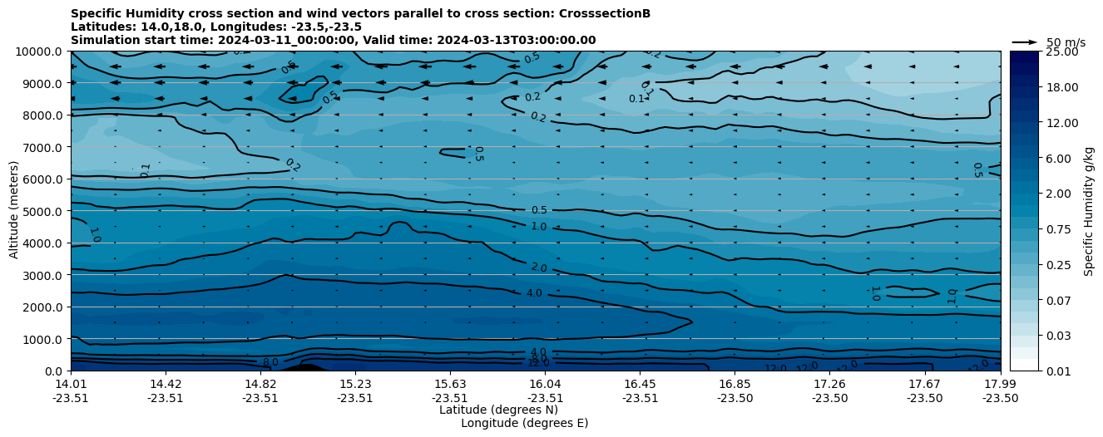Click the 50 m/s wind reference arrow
[1024, 42]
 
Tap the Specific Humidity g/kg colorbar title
[1090, 211]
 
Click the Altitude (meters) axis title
[14, 211]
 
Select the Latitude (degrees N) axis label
[498, 410]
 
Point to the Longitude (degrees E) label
[524, 423]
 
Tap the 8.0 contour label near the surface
[270, 362]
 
